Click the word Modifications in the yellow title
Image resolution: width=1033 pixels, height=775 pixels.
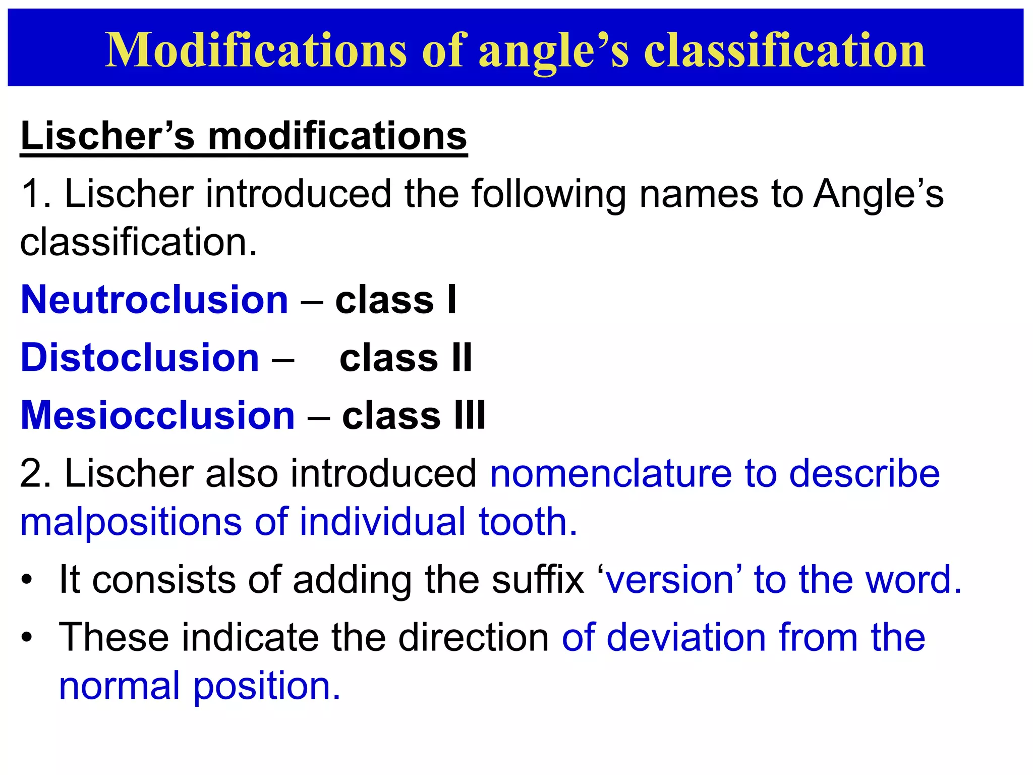pos(256,50)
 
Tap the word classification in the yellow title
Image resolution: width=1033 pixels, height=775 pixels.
pos(784,50)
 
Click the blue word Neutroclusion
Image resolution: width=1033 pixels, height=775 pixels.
pos(154,300)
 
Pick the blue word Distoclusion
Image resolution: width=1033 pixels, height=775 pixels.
pos(140,358)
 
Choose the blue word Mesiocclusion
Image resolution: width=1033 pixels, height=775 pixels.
pos(157,415)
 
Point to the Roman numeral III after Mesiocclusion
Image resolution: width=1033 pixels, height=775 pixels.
pos(470,415)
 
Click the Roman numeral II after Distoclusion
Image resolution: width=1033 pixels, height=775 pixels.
pos(462,358)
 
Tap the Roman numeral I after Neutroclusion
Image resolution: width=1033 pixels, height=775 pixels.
pos(451,300)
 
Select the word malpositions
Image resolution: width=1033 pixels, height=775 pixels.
pos(131,522)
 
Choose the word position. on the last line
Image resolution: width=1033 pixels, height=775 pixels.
pos(267,686)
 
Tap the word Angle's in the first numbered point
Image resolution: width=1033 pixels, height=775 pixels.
pos(878,194)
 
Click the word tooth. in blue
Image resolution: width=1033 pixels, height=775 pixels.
pos(528,522)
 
